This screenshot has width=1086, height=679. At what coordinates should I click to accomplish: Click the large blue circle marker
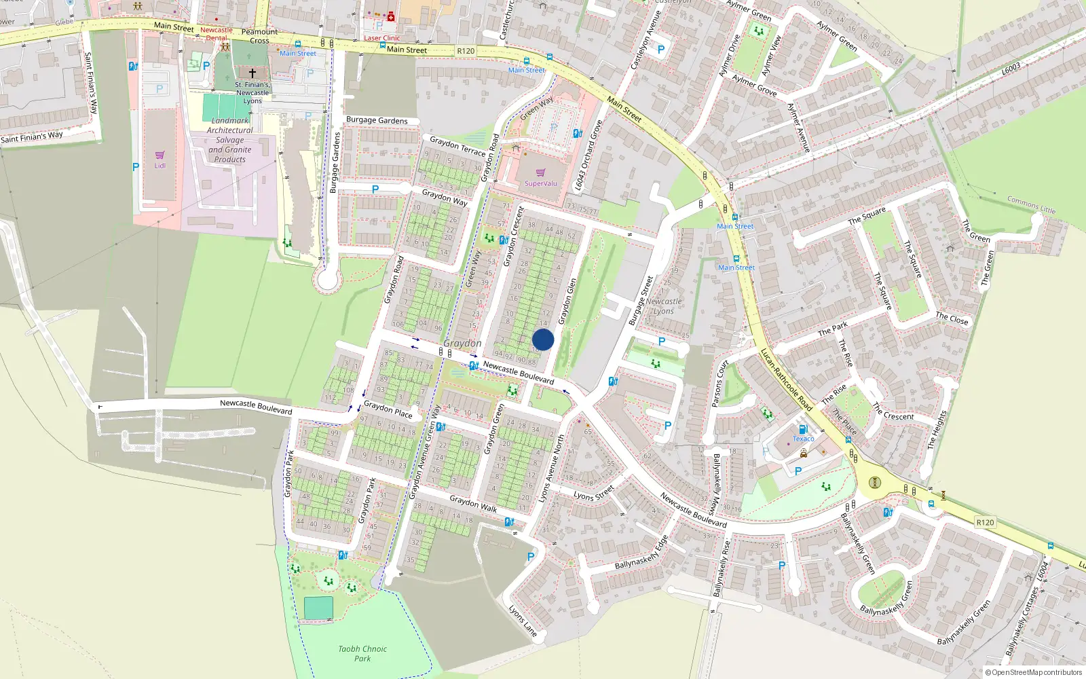(x=543, y=339)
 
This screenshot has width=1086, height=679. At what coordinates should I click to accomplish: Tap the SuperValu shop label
(x=540, y=183)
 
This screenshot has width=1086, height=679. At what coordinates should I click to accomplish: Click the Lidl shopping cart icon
(x=160, y=155)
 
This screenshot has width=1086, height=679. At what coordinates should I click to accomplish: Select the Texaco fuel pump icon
(x=803, y=429)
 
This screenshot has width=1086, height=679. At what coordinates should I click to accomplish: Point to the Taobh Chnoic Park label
(x=362, y=653)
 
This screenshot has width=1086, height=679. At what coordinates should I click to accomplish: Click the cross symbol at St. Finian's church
(x=252, y=73)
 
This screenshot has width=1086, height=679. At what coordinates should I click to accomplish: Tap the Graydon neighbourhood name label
(x=462, y=344)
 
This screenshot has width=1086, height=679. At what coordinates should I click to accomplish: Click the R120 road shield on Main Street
(x=466, y=51)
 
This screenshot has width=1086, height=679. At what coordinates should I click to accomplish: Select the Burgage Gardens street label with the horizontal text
(x=377, y=120)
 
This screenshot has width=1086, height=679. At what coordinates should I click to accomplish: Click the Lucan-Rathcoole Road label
(x=785, y=380)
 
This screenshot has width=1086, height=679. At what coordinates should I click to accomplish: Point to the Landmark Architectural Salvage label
(x=230, y=140)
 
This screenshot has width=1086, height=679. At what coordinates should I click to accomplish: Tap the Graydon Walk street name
(x=473, y=504)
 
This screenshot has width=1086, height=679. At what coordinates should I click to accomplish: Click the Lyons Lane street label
(x=523, y=621)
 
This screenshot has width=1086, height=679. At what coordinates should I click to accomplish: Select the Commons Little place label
(x=1031, y=205)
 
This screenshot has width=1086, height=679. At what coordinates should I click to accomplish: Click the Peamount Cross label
(x=259, y=36)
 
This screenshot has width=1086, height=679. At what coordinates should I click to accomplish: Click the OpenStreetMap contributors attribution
(x=1033, y=672)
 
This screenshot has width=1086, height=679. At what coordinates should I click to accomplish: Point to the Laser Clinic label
(x=382, y=38)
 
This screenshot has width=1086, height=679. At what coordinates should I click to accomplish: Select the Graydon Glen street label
(x=567, y=301)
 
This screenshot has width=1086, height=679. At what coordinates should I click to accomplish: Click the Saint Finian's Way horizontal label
(x=32, y=137)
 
